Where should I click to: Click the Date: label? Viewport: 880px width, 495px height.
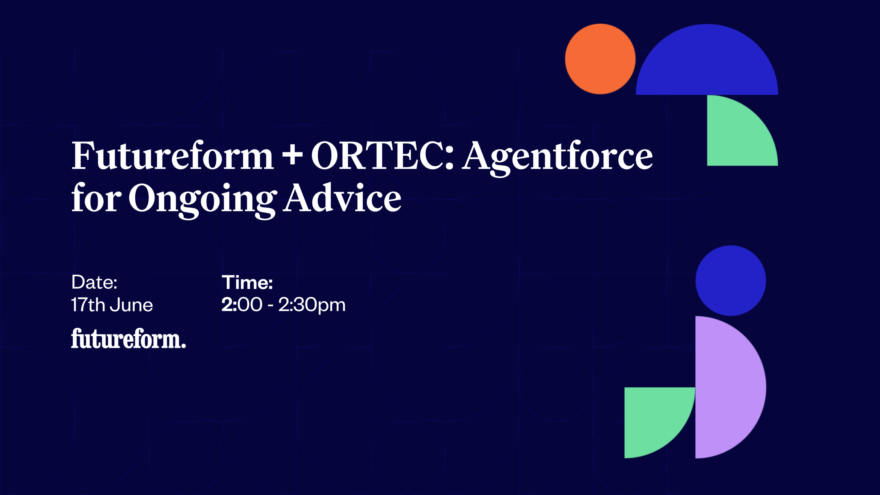(x=94, y=283)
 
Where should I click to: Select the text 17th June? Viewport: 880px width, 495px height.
(x=112, y=305)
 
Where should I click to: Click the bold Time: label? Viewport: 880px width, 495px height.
(x=247, y=283)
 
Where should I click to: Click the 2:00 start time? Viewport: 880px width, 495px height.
(x=242, y=305)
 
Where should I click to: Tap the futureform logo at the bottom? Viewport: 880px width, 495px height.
(x=128, y=339)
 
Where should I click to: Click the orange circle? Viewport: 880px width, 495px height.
(x=600, y=59)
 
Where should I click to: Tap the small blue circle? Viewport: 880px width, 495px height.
(x=731, y=281)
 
